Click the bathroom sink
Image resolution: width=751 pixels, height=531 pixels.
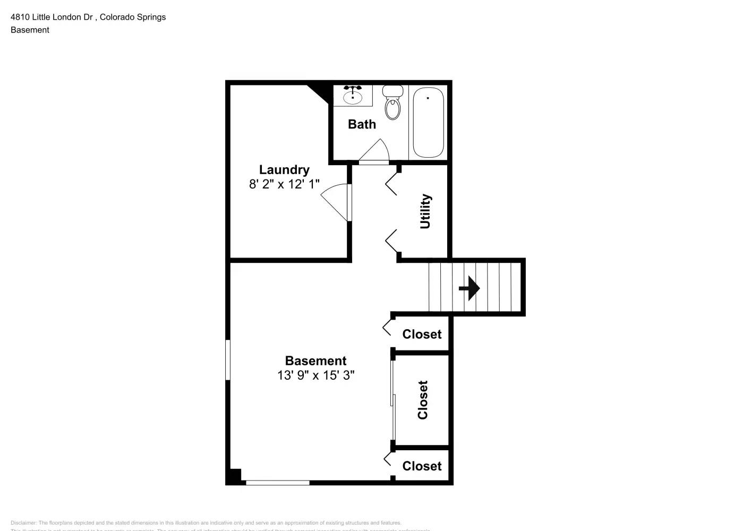353,96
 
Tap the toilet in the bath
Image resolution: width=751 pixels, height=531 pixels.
393,103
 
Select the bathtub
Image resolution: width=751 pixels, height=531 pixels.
428,123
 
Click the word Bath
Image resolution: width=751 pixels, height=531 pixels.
362,124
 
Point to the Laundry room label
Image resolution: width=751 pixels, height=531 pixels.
284,170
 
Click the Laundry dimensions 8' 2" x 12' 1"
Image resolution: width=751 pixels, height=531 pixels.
284,184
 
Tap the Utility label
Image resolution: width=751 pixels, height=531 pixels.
425,211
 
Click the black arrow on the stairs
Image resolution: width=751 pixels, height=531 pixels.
470,288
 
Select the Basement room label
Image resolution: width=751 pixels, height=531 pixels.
315,361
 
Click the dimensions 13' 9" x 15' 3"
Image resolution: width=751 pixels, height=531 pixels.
315,375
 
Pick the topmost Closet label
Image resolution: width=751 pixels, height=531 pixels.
422,335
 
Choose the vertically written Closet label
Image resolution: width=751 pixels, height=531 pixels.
423,400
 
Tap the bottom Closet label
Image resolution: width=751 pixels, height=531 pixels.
422,466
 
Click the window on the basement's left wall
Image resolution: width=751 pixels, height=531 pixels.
228,360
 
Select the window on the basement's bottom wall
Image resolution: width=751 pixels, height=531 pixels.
278,483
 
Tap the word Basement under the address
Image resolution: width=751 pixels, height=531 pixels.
30,30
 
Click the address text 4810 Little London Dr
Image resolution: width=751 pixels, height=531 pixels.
52,17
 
